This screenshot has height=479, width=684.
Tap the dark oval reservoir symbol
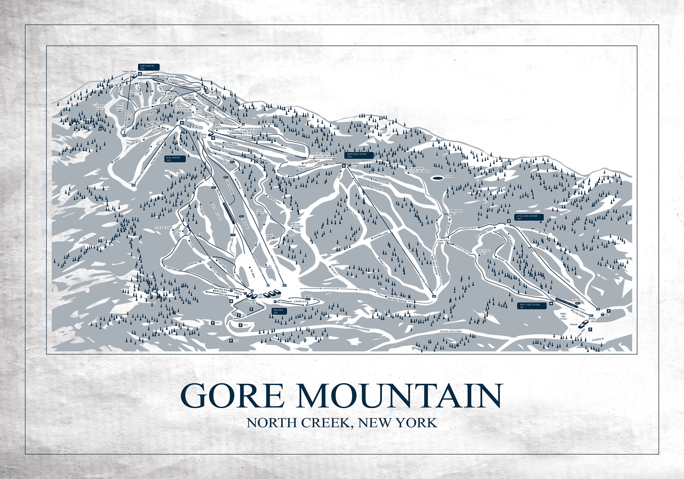click(x=437, y=178)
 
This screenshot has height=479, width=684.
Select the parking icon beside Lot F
click(x=212, y=323)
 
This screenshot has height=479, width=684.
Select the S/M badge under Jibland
click(x=308, y=299)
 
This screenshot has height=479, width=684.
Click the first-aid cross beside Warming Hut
click(x=344, y=166)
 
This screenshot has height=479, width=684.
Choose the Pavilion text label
click(x=573, y=325)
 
